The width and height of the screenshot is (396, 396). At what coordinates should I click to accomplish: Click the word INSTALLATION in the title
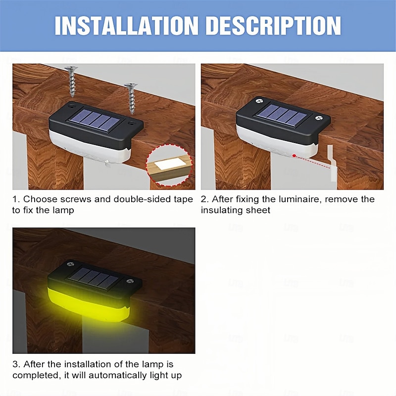126,26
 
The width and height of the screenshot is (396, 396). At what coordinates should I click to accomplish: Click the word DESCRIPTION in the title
274,26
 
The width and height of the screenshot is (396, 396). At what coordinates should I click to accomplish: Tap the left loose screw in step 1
72,82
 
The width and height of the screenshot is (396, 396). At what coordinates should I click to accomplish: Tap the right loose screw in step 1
131,99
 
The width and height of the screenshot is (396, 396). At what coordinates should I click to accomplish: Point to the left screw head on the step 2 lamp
259,101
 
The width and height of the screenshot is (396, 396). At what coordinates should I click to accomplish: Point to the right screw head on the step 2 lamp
319,118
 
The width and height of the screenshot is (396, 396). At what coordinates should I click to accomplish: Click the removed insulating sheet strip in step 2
332,163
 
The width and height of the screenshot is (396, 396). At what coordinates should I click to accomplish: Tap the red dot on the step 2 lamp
294,155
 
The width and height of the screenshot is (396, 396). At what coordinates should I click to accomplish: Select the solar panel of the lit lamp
94,278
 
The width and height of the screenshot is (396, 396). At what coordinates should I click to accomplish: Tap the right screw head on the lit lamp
130,281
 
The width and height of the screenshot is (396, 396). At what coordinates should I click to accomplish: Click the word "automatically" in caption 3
118,376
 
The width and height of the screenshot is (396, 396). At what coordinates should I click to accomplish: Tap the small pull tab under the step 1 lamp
106,163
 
